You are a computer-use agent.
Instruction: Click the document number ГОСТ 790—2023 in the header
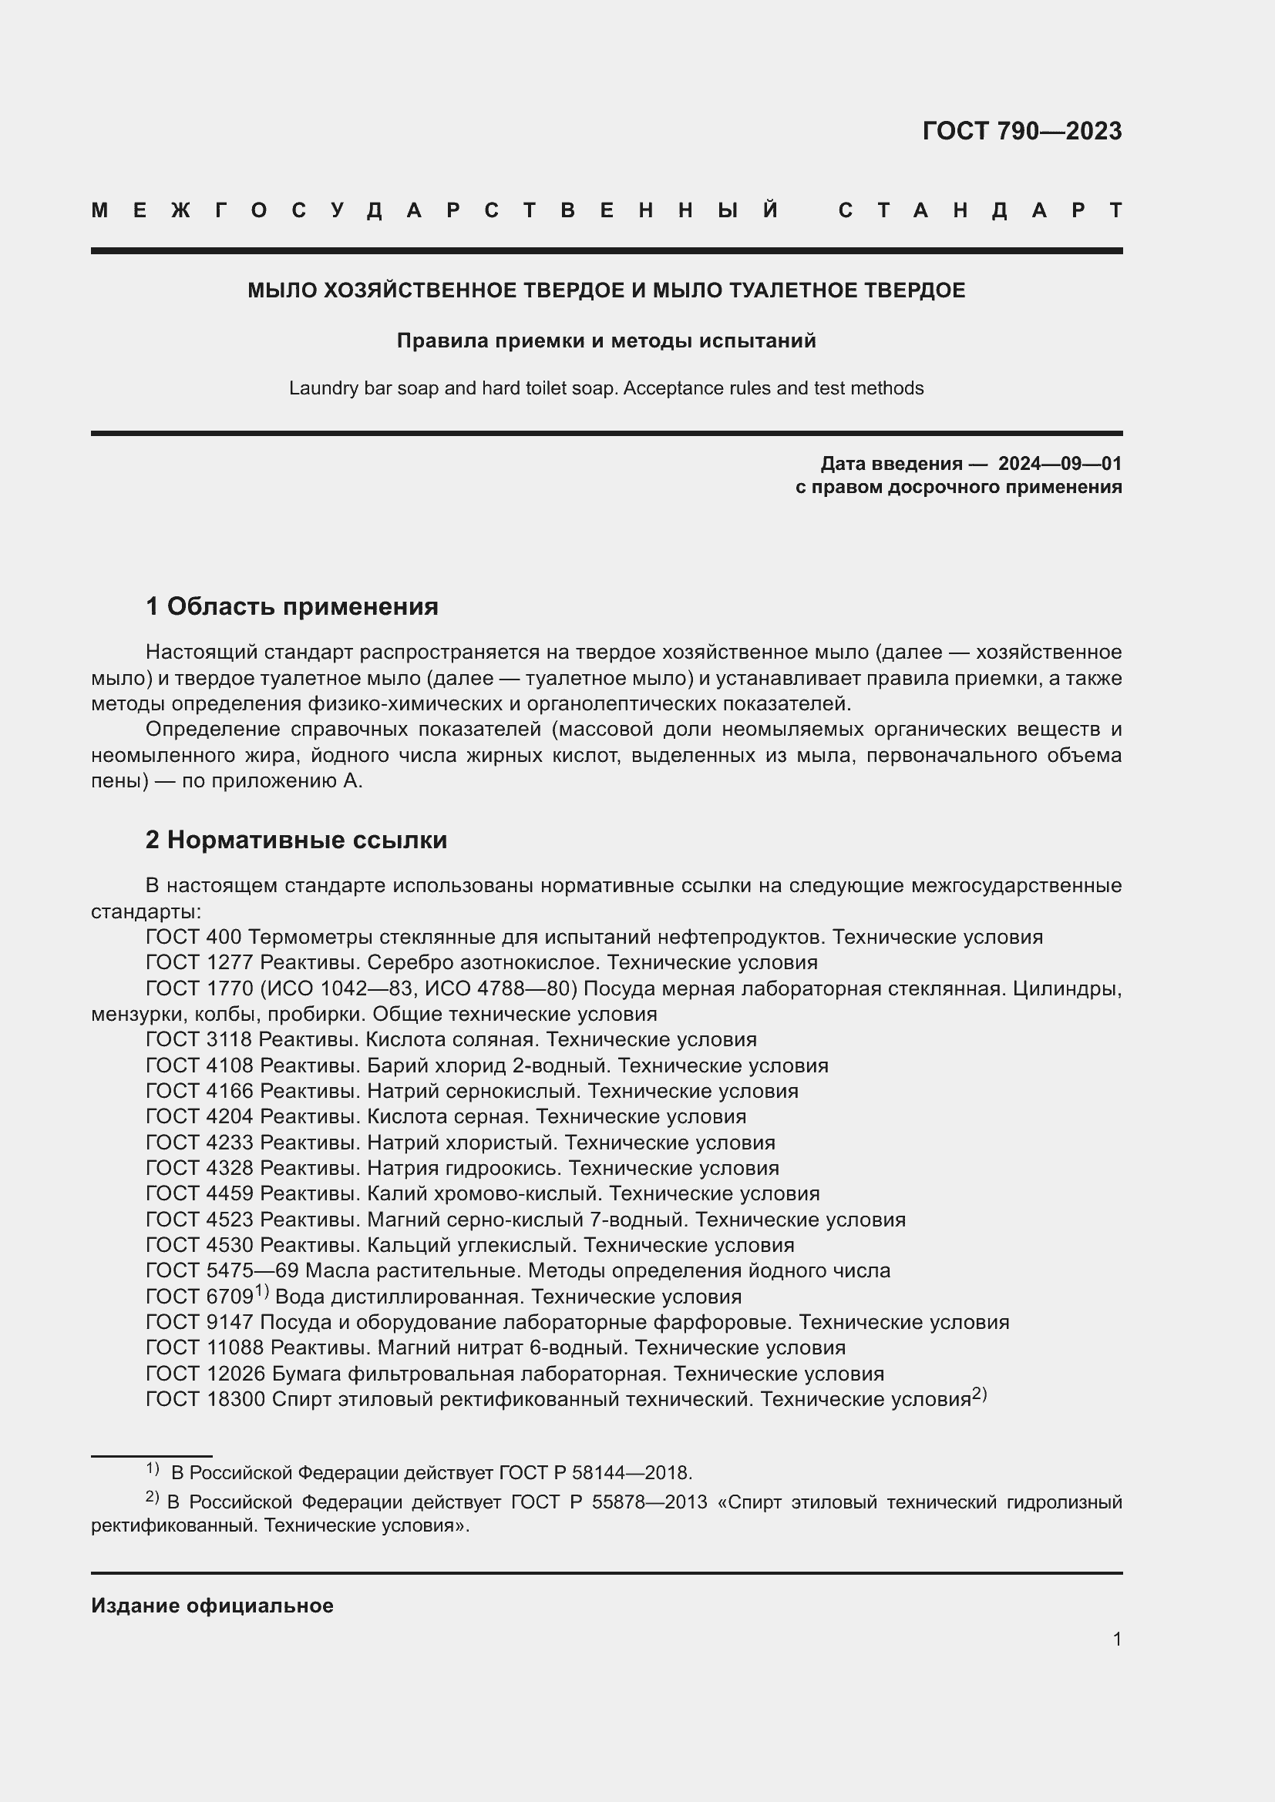point(1021,131)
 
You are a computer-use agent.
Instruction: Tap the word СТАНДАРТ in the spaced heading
point(980,210)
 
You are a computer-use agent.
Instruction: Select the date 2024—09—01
point(1059,464)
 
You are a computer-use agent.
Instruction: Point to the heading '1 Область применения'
point(291,606)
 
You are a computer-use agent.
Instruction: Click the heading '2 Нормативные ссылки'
point(296,840)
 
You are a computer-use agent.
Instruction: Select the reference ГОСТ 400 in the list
point(193,937)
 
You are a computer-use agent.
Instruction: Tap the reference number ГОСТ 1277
point(200,962)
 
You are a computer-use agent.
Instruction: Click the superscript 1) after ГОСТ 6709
point(261,1292)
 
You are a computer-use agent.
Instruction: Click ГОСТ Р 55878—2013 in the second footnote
point(607,1502)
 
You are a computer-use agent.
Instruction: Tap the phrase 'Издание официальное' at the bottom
point(212,1606)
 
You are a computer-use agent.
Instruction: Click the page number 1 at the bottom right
point(1116,1639)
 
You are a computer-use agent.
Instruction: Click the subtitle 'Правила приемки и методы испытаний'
point(606,341)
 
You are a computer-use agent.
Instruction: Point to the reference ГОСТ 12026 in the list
point(205,1374)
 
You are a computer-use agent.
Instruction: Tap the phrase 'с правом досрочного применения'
point(958,488)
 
